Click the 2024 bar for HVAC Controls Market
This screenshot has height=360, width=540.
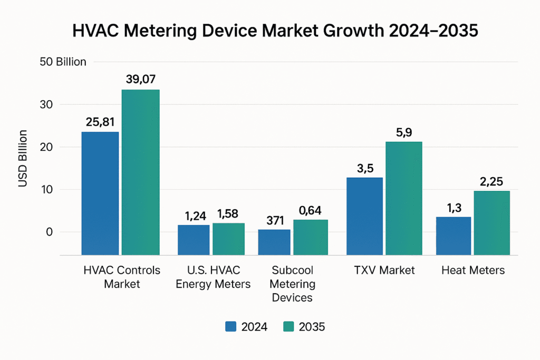click(100, 193)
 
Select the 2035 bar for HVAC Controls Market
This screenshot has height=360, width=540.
click(140, 172)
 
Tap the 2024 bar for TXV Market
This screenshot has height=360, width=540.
click(364, 216)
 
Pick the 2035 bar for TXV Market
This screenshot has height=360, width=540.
click(404, 198)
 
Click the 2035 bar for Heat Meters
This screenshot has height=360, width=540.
click(491, 222)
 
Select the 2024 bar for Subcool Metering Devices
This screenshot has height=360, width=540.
click(274, 242)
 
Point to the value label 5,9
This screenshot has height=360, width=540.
click(404, 132)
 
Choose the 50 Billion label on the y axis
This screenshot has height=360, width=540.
click(63, 62)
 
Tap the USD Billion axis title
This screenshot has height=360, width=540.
click(23, 158)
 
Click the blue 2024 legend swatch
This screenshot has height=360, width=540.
click(231, 327)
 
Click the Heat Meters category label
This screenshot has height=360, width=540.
click(472, 270)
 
